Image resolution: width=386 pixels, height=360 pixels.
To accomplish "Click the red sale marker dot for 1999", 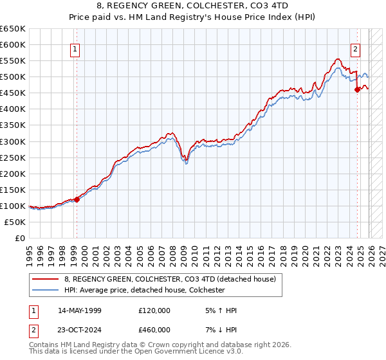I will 77,199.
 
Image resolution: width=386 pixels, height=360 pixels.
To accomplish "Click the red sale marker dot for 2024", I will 357,89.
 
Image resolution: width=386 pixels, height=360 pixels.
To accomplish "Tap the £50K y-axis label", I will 15,222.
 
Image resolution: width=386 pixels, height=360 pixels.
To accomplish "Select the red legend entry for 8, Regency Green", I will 170,279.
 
